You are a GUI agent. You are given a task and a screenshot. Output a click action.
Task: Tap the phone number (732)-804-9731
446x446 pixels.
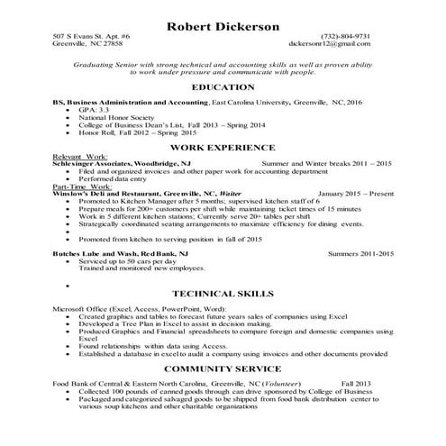pyautogui.click(x=345, y=35)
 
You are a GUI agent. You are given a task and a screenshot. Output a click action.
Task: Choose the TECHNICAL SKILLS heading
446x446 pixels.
pyautogui.click(x=223, y=295)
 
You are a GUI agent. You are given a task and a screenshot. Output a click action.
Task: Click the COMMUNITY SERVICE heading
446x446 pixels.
pyautogui.click(x=223, y=369)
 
